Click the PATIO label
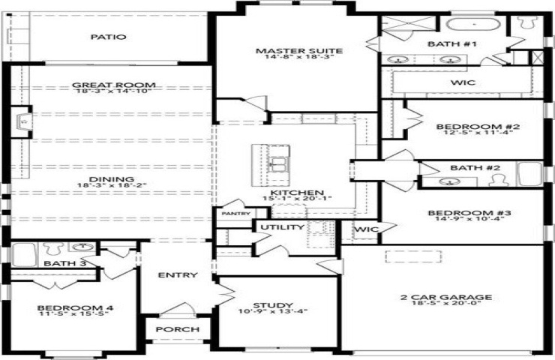[x=108, y=37]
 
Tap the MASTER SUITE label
[x=299, y=51]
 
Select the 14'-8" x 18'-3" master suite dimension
[x=299, y=57]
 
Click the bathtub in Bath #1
[x=473, y=25]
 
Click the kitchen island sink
[x=277, y=164]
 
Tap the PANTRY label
[x=236, y=214]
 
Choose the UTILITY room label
[x=283, y=227]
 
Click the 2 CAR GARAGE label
[x=446, y=297]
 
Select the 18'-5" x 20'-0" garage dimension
[x=446, y=303]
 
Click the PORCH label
[x=178, y=329]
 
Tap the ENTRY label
[x=178, y=275]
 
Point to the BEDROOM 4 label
[x=75, y=308]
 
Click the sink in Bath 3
[x=83, y=247]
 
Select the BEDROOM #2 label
[x=478, y=127]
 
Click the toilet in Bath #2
[x=498, y=180]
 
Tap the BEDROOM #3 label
[x=469, y=213]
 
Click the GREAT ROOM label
[x=113, y=85]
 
